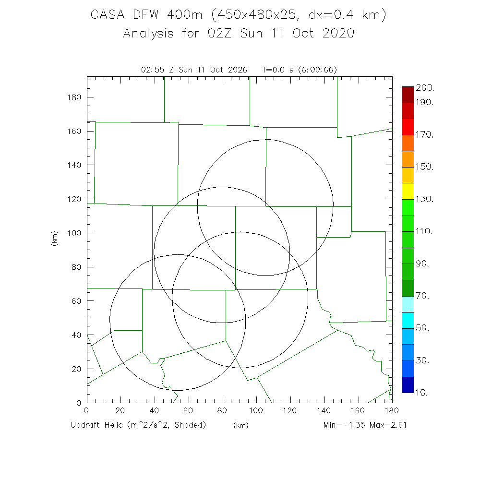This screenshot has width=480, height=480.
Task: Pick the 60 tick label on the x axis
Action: pyautogui.click(x=189, y=411)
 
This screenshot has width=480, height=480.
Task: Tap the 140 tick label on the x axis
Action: pyautogui.click(x=324, y=411)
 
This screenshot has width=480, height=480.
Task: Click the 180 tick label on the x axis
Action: pyautogui.click(x=392, y=411)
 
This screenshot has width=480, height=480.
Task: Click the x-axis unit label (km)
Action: pyautogui.click(x=240, y=425)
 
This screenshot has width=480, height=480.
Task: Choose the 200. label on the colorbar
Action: pyautogui.click(x=425, y=88)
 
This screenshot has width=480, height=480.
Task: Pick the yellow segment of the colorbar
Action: pyautogui.click(x=408, y=191)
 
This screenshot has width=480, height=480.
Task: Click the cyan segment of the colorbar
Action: pyautogui.click(x=408, y=320)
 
